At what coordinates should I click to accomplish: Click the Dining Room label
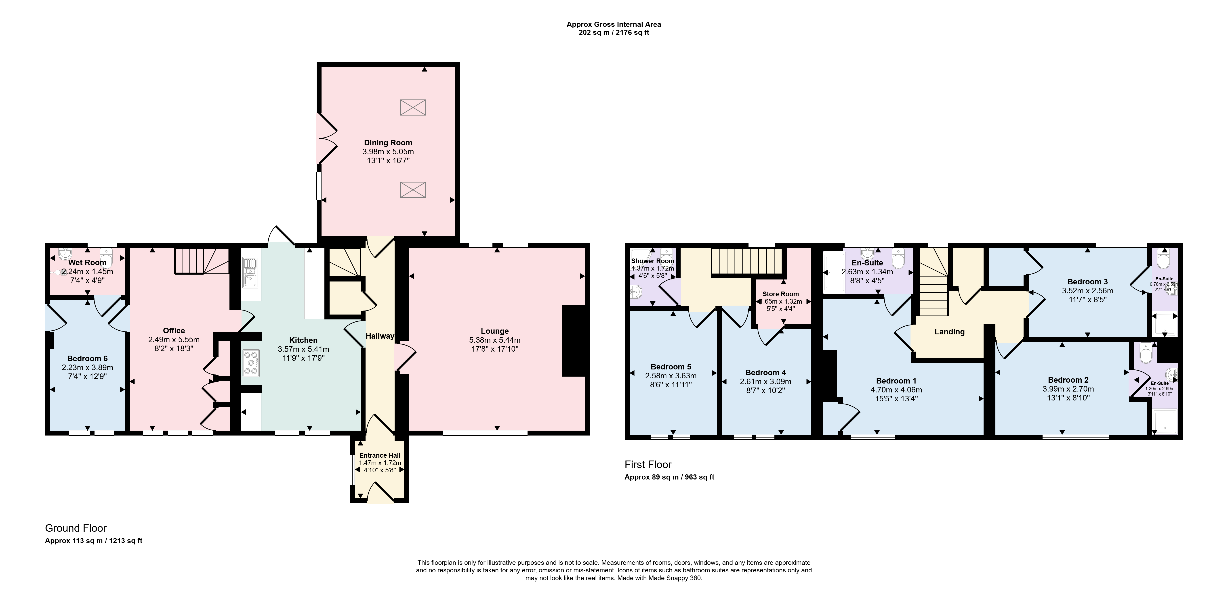(x=388, y=142)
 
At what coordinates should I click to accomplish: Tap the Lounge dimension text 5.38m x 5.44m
(x=495, y=340)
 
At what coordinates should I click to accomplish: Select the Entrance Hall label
(x=380, y=455)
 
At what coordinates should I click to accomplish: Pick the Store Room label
(x=780, y=294)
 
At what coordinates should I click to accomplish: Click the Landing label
(x=950, y=332)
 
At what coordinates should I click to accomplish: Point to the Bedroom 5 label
(x=671, y=367)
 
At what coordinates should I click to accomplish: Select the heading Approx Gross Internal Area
(x=614, y=24)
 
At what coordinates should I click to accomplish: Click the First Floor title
(x=648, y=464)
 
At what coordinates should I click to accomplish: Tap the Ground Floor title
(x=76, y=528)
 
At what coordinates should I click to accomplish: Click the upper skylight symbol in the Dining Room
(x=413, y=108)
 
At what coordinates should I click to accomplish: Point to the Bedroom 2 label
(x=1068, y=380)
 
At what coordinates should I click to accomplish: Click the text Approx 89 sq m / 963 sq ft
(x=669, y=477)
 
